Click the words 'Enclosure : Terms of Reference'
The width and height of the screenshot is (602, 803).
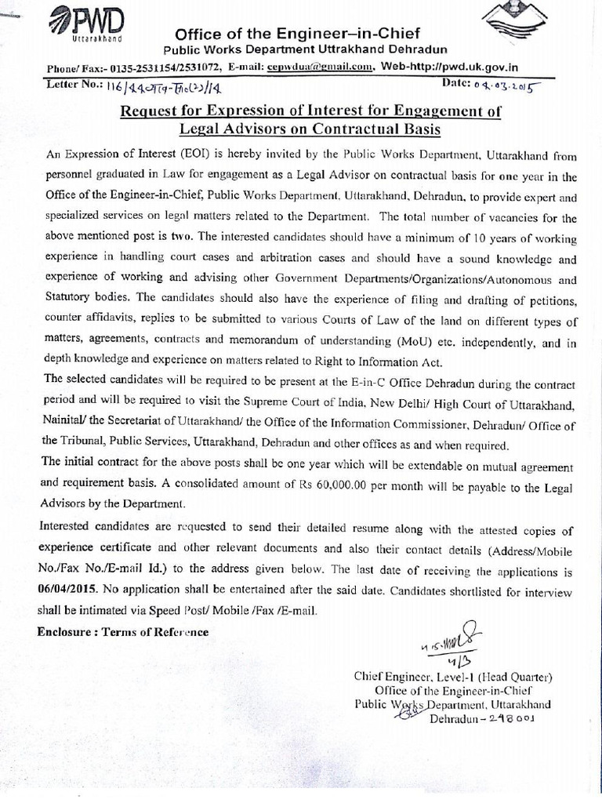(x=123, y=631)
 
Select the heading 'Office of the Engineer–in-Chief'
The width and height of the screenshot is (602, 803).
(x=297, y=34)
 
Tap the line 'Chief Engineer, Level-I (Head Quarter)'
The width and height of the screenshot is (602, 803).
(x=454, y=676)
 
